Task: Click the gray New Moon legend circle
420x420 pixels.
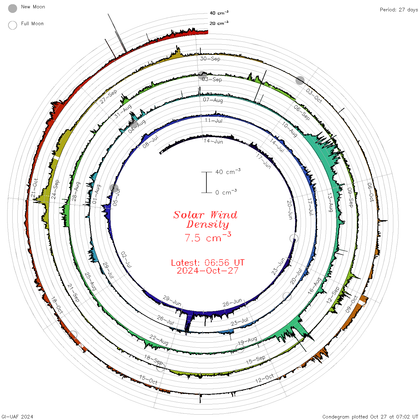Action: [x=12, y=8]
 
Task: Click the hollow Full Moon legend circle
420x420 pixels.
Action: [x=12, y=25]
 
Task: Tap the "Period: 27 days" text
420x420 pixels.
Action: [x=399, y=10]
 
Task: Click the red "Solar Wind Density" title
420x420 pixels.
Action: [x=205, y=220]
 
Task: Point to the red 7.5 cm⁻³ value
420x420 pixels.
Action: [x=208, y=237]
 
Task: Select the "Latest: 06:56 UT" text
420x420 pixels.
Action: [x=208, y=262]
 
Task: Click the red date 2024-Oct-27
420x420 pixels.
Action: [x=208, y=271]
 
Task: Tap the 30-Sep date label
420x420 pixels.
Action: [x=210, y=58]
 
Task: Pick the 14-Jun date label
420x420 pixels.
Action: [x=213, y=141]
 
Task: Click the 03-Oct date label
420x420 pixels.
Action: [x=314, y=95]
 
